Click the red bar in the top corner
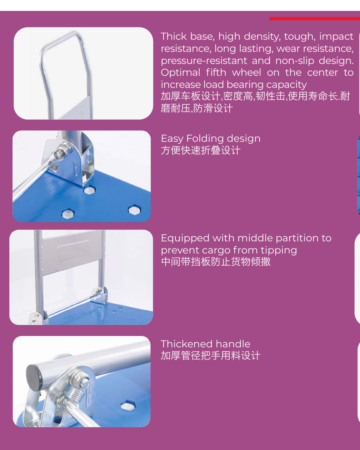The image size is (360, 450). [x=315, y=19]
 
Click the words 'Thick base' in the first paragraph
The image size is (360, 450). [x=188, y=36]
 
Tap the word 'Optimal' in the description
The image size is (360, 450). [x=181, y=73]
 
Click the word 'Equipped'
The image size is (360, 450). [x=185, y=239]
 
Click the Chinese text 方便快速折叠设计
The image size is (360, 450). [x=201, y=150]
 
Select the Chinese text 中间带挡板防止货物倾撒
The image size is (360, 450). [x=216, y=262]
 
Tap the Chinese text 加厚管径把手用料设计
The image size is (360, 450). [x=211, y=355]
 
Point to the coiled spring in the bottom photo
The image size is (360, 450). [x=77, y=394]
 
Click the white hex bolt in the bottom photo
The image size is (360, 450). [x=128, y=406]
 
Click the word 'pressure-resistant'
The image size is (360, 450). [x=204, y=61]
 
